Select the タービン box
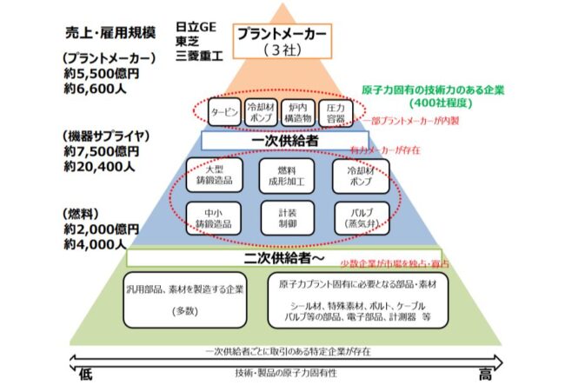point(211,113)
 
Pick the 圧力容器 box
point(333,112)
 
